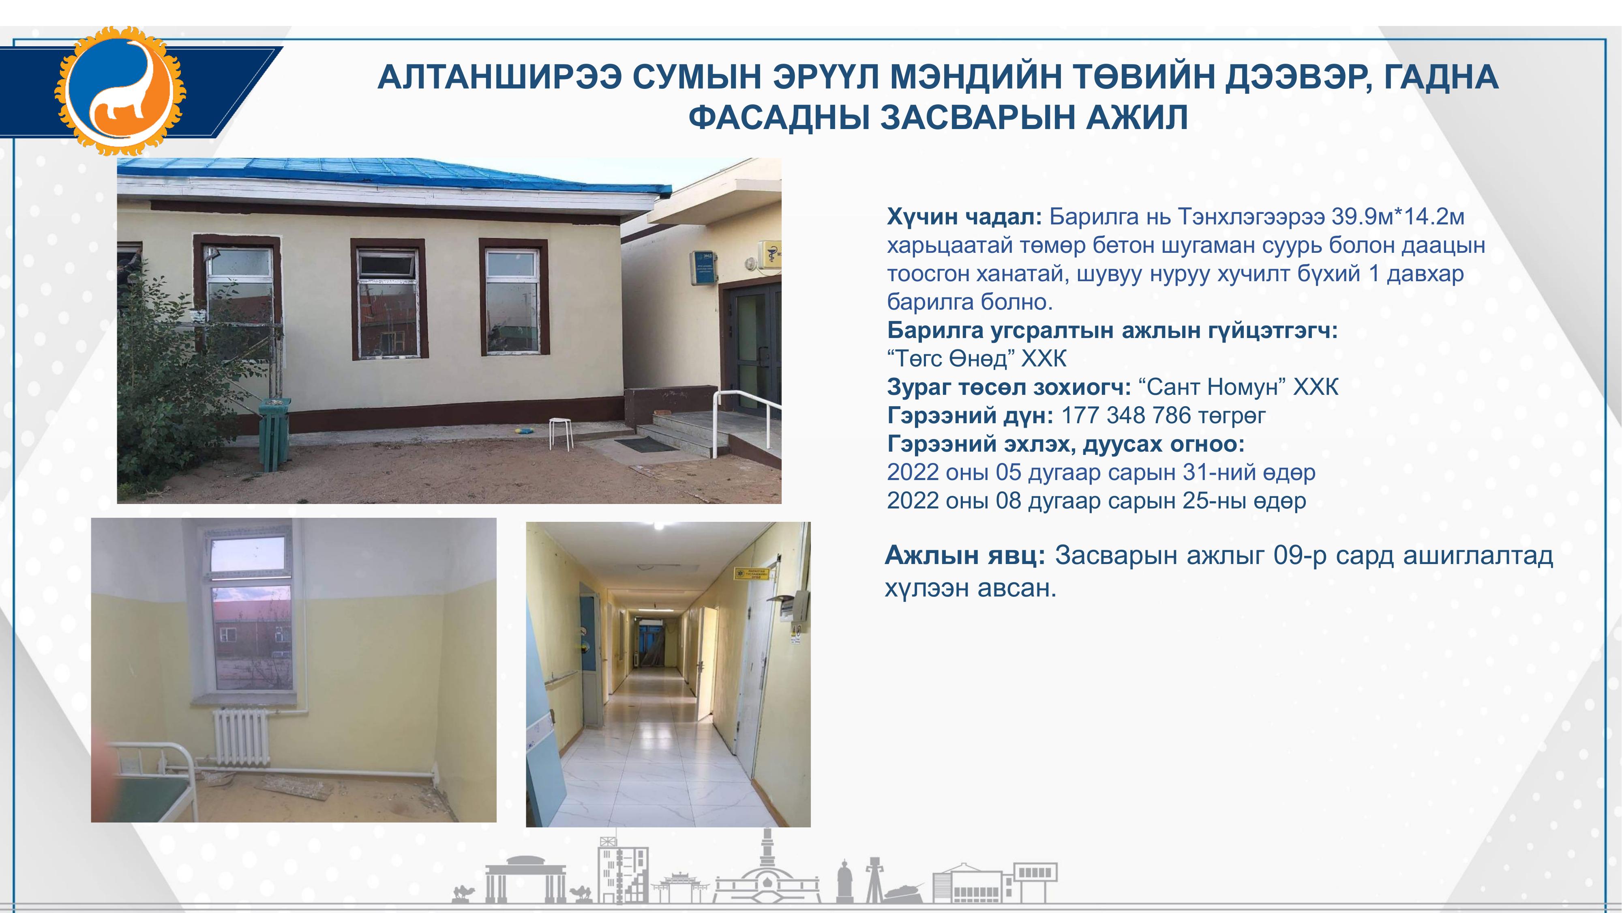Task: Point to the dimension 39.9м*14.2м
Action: click(x=1398, y=217)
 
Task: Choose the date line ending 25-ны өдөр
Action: click(x=1096, y=501)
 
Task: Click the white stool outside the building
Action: click(x=561, y=433)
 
